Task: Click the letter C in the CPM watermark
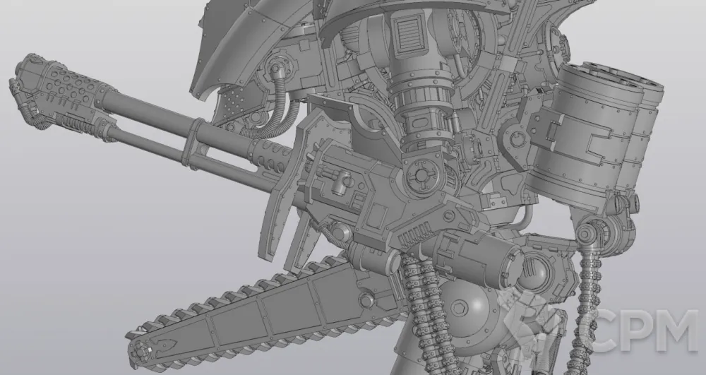[609, 331]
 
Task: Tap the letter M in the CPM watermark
[676, 331]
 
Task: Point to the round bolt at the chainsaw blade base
[366, 300]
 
